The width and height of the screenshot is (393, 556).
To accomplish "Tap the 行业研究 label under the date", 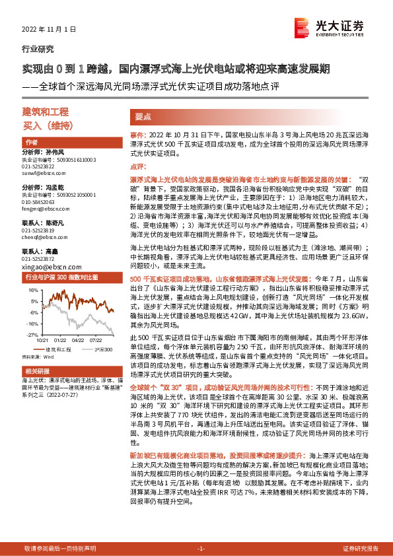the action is click(34, 50).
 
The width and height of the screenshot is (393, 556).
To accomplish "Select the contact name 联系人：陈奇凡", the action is click(44, 223).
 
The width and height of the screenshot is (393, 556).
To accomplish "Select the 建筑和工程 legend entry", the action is click(56, 348).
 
